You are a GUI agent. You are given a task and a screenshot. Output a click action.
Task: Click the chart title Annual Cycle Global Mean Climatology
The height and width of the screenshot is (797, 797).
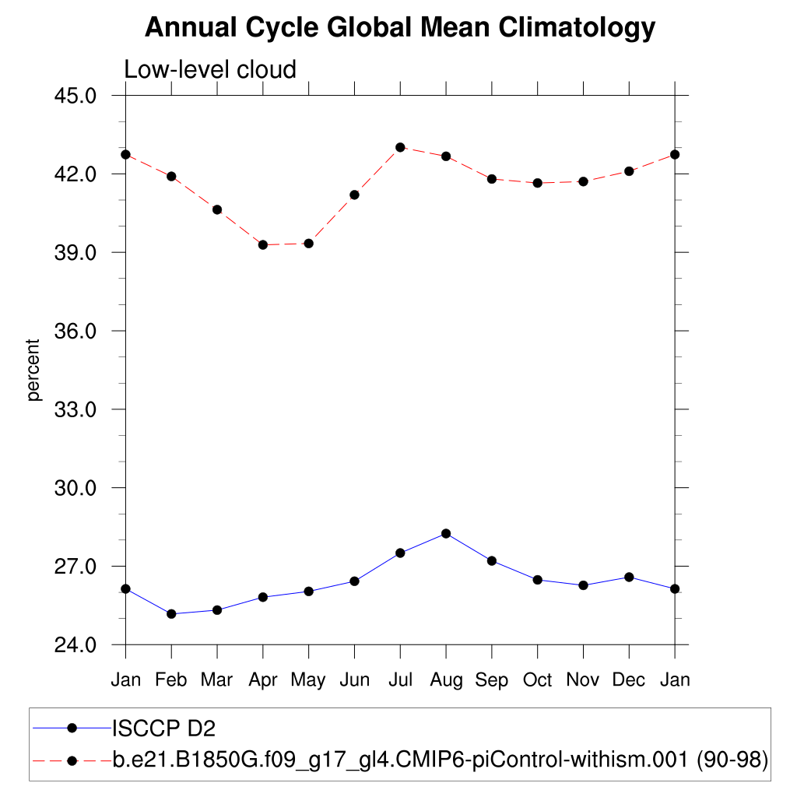(x=400, y=28)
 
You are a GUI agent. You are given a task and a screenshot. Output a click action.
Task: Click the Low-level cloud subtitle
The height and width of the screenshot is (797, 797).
(x=210, y=69)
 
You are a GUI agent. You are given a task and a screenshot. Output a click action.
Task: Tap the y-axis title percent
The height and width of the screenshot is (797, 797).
(x=33, y=370)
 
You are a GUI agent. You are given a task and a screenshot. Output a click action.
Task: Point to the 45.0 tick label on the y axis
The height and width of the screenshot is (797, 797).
(x=76, y=96)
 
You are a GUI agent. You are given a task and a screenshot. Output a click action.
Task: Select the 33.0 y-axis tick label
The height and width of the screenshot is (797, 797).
(x=76, y=409)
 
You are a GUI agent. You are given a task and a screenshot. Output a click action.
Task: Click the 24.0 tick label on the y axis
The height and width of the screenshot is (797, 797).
(x=76, y=645)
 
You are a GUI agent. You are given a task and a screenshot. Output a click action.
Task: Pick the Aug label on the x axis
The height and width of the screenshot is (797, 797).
(x=446, y=680)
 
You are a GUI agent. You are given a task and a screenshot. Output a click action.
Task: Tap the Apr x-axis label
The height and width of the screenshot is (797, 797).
(x=263, y=680)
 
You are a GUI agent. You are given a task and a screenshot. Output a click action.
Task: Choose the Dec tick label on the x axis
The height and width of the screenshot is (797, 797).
(x=629, y=680)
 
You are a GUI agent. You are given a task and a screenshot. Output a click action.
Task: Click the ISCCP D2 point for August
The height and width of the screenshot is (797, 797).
(x=446, y=533)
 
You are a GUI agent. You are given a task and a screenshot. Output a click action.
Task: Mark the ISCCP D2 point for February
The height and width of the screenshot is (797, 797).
(x=171, y=614)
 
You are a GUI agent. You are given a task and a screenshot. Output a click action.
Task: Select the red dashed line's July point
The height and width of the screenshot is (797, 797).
(x=400, y=147)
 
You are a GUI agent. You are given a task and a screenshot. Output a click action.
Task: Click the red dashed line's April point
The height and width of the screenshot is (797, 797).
(x=263, y=245)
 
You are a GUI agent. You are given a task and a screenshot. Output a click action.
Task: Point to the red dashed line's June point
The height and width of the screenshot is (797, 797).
(x=354, y=195)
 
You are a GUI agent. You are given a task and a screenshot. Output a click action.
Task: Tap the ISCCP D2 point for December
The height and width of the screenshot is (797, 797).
(x=629, y=577)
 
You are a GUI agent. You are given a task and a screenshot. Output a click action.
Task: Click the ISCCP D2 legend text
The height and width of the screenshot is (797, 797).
(x=163, y=729)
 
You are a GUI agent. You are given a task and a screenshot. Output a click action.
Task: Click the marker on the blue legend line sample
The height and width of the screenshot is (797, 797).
(x=72, y=729)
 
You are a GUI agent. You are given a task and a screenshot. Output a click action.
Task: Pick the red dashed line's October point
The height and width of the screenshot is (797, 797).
(x=537, y=183)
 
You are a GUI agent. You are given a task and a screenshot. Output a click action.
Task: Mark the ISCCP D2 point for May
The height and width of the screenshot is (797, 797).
(x=308, y=592)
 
